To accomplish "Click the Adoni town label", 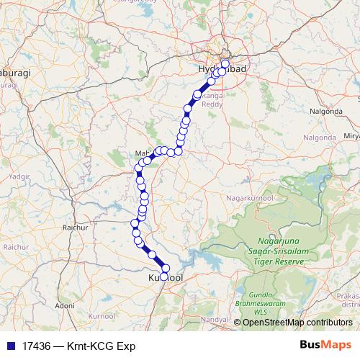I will tap(65, 306).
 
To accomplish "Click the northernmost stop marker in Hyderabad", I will tap(225, 64).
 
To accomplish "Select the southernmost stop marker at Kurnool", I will tap(164, 276).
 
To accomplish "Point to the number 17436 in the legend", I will tap(34, 346).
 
